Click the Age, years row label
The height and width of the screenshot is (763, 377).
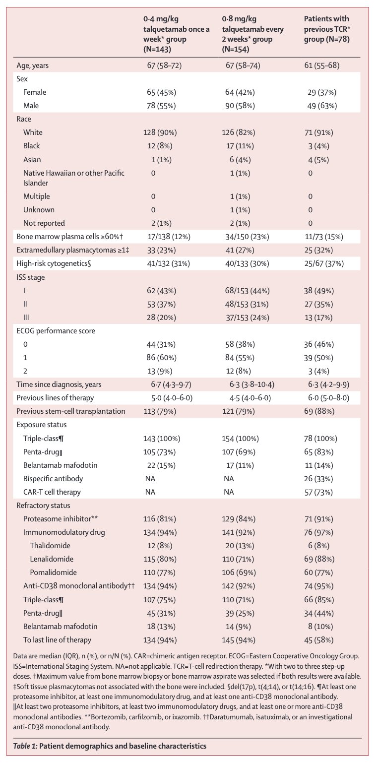32,65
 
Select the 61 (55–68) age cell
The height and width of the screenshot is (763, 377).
321,65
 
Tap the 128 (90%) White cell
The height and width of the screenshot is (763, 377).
160,132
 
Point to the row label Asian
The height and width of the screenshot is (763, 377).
32,159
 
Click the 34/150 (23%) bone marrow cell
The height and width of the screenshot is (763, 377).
247,237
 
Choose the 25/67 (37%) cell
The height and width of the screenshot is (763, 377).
324,263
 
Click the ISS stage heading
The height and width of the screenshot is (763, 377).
31,277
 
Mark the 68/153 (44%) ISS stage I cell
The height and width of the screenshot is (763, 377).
247,291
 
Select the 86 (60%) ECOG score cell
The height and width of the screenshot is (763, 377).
161,358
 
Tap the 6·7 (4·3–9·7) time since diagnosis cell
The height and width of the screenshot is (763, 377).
171,384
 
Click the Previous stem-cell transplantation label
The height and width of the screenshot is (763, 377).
71,411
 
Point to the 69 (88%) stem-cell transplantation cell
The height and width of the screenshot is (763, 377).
319,411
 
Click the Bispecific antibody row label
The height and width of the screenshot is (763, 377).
53,479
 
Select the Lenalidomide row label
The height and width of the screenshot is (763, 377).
52,559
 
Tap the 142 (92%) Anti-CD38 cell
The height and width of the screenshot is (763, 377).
239,586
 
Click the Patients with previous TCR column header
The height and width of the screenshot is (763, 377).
327,29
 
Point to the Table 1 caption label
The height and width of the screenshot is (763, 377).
25,746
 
